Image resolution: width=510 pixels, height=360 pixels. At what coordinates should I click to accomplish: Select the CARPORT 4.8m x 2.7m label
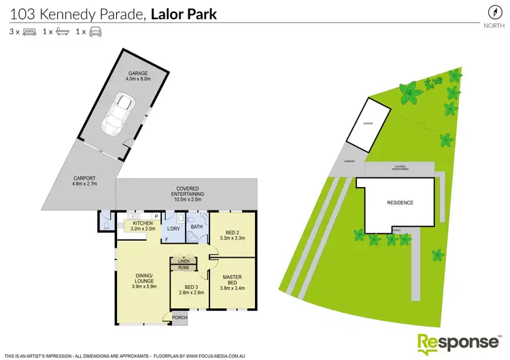[85, 181]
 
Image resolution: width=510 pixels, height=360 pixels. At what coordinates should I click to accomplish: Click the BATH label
[198, 227]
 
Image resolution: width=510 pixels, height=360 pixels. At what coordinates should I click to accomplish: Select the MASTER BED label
[233, 281]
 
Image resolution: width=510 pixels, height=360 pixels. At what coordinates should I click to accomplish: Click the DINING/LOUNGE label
[143, 281]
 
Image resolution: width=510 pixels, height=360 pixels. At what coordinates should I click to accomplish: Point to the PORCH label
[180, 317]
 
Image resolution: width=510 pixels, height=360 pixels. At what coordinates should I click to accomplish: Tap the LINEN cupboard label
[183, 261]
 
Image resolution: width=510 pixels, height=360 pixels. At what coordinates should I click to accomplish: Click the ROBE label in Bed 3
[183, 267]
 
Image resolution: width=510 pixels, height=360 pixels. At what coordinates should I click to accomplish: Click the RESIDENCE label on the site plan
[401, 203]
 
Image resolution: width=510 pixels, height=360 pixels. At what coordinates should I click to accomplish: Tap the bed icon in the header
[29, 31]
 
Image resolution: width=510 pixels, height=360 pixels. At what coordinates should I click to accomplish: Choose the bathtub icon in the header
[62, 31]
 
